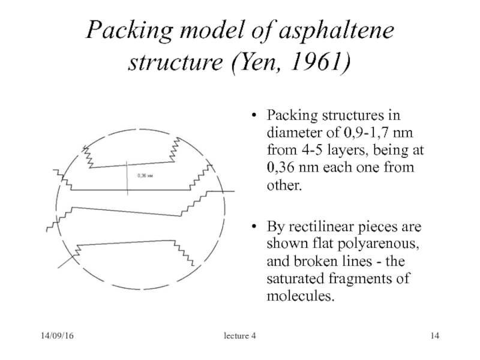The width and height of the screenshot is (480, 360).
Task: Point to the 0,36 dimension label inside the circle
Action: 145,176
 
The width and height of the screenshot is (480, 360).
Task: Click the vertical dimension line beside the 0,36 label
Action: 128,175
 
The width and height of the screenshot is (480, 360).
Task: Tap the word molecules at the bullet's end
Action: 298,297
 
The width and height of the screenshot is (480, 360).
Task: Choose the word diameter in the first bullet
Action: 292,131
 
